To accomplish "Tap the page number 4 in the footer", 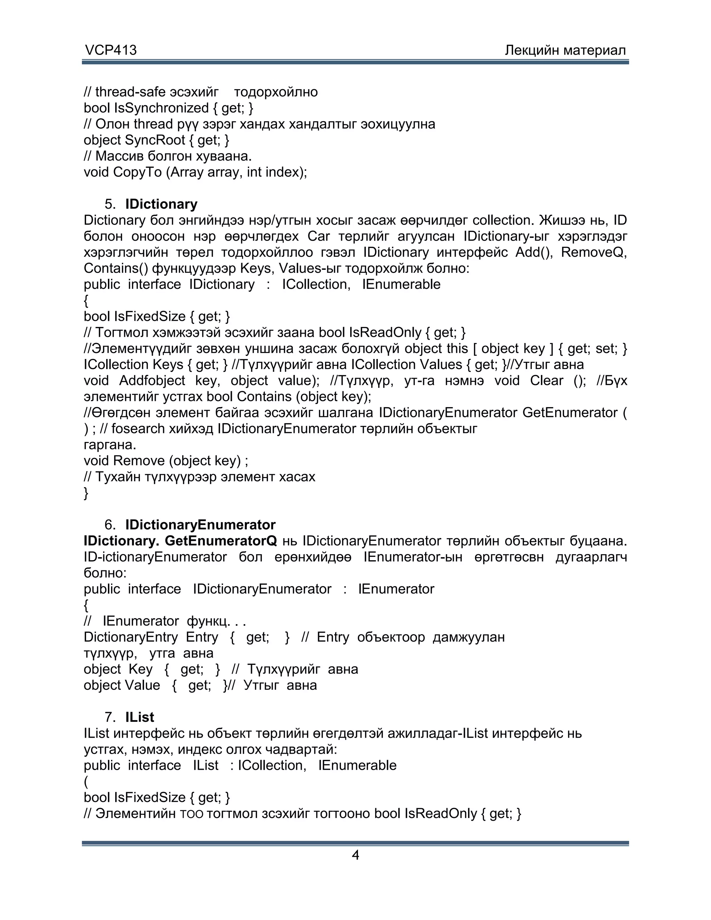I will pyautogui.click(x=355, y=855).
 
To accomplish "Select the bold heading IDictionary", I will pyautogui.click(x=161, y=204).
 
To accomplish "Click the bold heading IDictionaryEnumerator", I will pyautogui.click(x=201, y=525).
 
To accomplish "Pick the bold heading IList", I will pyautogui.click(x=140, y=717).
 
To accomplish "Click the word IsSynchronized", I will pyautogui.click(x=161, y=108).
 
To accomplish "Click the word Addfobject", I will pyautogui.click(x=152, y=381).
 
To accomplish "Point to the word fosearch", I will pyautogui.click(x=138, y=429).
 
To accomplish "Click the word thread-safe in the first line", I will pyautogui.click(x=130, y=92).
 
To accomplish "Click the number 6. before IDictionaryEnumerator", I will pyautogui.click(x=110, y=525).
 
